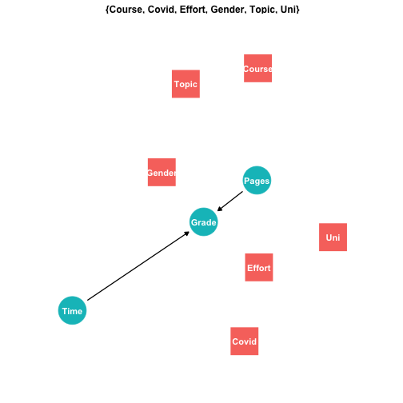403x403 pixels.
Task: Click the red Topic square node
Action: [186, 84]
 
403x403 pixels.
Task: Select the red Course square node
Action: [257, 69]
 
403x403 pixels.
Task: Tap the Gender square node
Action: [162, 173]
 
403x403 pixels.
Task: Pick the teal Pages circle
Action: [257, 181]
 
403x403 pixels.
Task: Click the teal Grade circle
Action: [204, 222]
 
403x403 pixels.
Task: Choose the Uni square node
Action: [333, 237]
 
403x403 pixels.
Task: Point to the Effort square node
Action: [259, 267]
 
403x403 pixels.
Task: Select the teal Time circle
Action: [72, 310]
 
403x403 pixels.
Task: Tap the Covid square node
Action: [245, 341]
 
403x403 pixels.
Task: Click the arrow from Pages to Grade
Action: [230, 201]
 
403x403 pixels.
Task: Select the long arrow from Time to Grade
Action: [138, 266]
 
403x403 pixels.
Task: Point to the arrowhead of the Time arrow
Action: [187, 233]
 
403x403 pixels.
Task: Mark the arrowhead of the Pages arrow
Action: [220, 209]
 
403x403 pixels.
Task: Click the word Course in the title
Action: [126, 10]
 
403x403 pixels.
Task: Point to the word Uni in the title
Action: [288, 10]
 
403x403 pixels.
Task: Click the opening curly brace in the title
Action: [107, 10]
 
